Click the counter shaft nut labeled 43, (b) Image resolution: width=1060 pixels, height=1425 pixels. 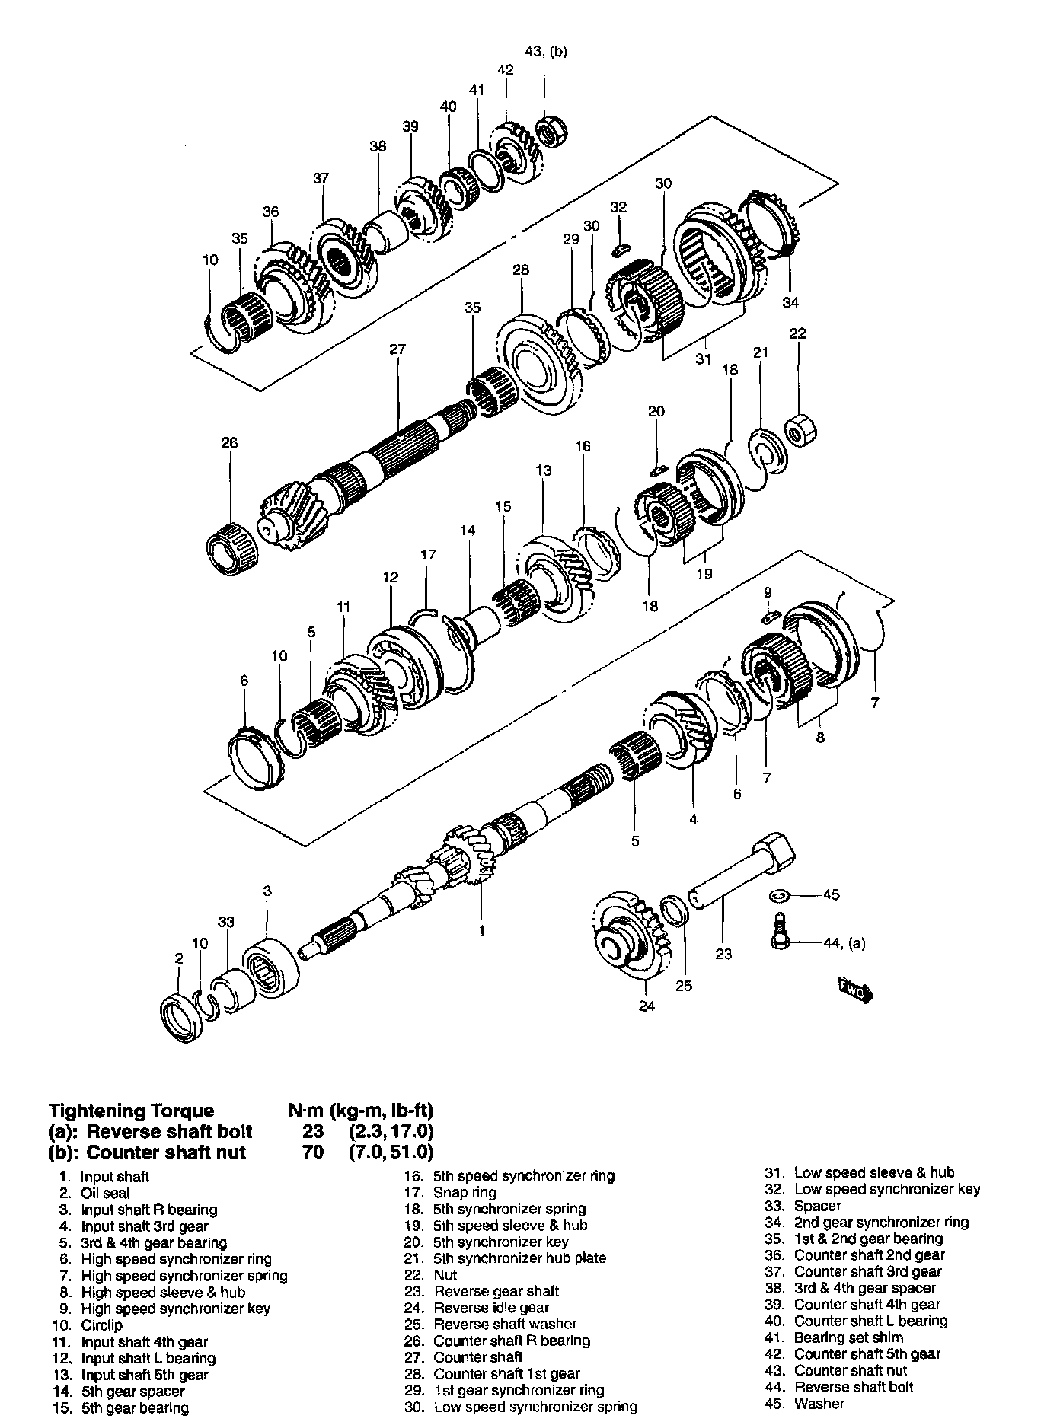tap(548, 132)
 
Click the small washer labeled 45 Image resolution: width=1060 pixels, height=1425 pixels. tap(780, 895)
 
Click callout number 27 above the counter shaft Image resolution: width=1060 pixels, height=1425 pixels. tap(397, 350)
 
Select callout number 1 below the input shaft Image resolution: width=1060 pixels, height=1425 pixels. tap(482, 930)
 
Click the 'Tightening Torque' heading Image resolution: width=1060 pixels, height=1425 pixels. tap(132, 1111)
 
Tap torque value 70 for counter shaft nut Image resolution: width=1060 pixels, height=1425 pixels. tap(313, 1152)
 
